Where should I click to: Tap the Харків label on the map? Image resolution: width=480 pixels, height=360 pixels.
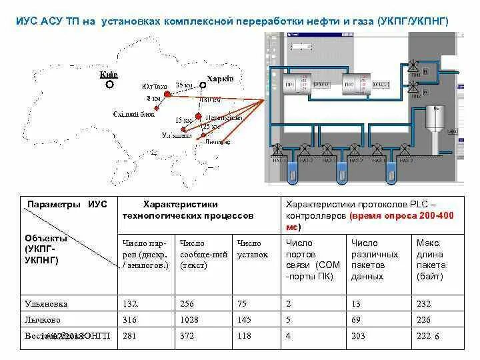(x=220, y=79)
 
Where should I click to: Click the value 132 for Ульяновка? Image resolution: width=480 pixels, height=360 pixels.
(x=131, y=303)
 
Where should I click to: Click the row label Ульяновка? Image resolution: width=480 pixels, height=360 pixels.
(x=46, y=303)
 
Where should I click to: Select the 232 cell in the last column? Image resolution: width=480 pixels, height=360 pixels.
(x=423, y=303)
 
